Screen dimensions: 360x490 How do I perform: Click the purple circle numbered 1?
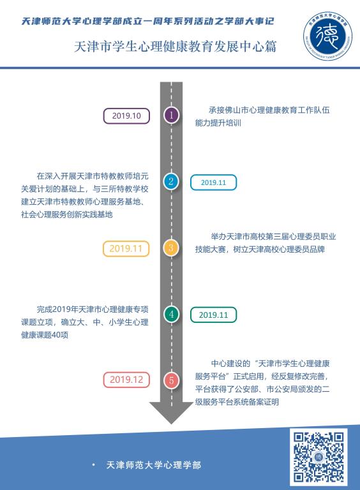171,115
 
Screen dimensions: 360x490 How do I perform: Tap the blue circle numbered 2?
171,181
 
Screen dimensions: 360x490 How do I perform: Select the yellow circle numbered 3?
171,248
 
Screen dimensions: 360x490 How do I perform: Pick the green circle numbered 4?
171,314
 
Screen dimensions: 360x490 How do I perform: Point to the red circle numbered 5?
171,380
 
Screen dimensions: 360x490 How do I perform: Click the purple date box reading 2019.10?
126,116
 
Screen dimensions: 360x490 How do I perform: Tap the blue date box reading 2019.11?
213,182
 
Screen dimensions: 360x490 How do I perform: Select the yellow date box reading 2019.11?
126,249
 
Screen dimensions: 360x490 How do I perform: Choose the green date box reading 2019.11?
213,315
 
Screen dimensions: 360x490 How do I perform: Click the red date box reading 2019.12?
126,380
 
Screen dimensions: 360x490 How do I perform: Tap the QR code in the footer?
319,457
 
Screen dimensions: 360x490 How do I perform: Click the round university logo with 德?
327,36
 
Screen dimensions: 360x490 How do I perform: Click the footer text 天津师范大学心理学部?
153,465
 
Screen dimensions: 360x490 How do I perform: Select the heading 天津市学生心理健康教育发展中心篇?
176,47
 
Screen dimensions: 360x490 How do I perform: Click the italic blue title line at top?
147,21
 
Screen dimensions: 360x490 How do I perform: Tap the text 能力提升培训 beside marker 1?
218,122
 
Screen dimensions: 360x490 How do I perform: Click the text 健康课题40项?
45,335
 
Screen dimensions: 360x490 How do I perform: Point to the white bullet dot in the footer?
94,465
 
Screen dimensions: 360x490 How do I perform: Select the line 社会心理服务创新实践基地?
66,214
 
